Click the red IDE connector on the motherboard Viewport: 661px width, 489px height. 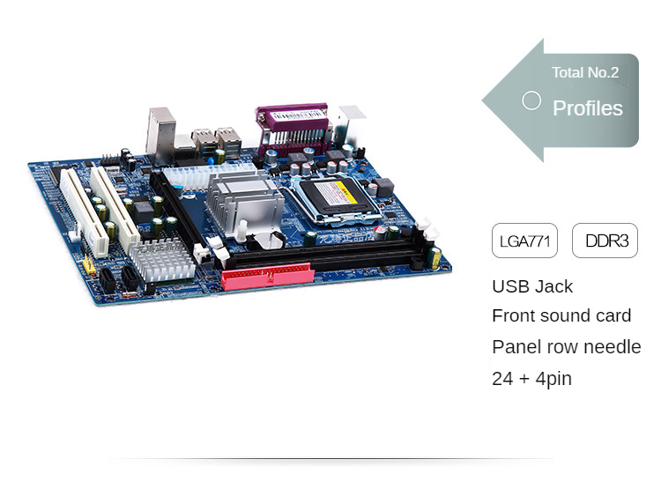click(x=267, y=277)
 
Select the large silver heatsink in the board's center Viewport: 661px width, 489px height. click(x=245, y=202)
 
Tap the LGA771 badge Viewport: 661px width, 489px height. click(x=524, y=241)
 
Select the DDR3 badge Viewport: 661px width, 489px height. click(x=605, y=241)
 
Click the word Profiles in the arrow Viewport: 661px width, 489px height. click(x=587, y=108)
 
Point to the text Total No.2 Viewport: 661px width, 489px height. click(x=585, y=72)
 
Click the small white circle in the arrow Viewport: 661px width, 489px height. click(x=531, y=100)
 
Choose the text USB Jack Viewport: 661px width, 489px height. click(x=532, y=286)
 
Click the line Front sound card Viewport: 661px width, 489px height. click(x=561, y=316)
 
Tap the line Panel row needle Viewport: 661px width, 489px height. click(x=567, y=347)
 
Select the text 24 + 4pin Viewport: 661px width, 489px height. click(x=531, y=379)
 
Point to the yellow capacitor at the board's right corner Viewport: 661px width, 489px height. click(x=434, y=257)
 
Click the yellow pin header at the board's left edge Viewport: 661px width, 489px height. click(x=88, y=264)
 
